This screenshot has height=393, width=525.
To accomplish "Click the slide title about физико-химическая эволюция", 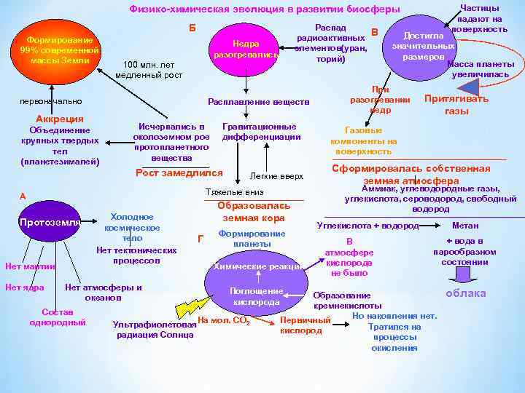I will click(264, 9).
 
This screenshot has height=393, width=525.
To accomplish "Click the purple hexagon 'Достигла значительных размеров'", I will click(424, 46).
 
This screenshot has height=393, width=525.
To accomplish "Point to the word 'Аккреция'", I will click(60, 119).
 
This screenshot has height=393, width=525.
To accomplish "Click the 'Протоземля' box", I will click(50, 222).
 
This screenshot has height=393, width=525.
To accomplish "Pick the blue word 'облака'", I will click(466, 293).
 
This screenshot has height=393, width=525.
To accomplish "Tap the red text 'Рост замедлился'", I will click(179, 173).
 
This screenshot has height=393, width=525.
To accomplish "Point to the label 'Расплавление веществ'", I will click(259, 101).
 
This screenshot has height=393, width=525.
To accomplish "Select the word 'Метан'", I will click(466, 226).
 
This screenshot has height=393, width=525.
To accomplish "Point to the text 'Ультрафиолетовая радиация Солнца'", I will click(155, 330).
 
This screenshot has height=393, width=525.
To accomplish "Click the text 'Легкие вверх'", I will click(276, 176).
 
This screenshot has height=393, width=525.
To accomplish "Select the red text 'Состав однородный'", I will click(58, 317).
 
